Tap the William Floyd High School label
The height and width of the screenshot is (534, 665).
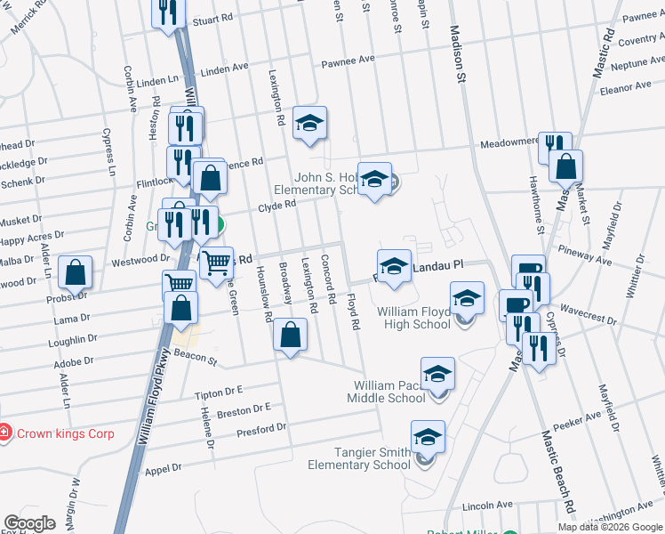tap(413, 318)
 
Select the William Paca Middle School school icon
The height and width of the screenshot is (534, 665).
tap(437, 376)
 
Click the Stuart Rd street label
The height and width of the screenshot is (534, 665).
tap(212, 18)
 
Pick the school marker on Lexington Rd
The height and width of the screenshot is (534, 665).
tap(309, 124)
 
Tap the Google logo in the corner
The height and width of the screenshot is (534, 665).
tap(29, 523)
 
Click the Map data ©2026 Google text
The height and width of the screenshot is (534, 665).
tap(609, 527)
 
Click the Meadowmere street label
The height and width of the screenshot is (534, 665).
tap(509, 142)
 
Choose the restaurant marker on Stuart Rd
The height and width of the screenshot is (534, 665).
tap(167, 12)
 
